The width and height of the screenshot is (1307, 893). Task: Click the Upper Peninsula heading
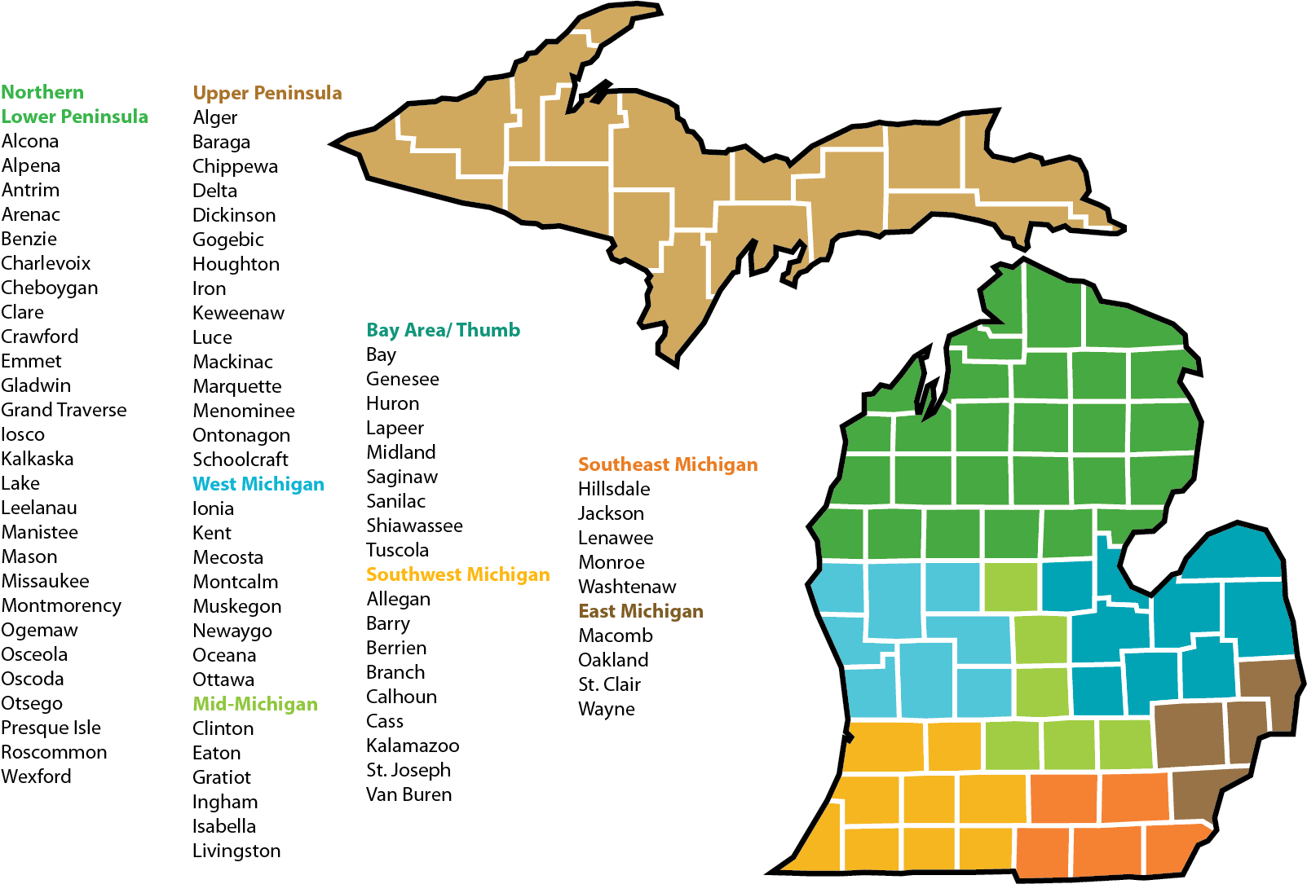pyautogui.click(x=267, y=93)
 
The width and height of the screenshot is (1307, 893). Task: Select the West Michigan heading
pyautogui.click(x=258, y=484)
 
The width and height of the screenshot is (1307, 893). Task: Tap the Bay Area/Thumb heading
pyautogui.click(x=443, y=330)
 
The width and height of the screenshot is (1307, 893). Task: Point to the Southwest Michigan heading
pyautogui.click(x=457, y=574)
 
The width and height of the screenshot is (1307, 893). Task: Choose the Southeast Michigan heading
pyautogui.click(x=668, y=464)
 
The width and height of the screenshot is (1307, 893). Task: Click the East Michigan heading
pyautogui.click(x=640, y=611)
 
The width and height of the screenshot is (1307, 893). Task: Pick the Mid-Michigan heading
pyautogui.click(x=254, y=704)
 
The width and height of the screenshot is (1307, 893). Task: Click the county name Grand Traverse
pyautogui.click(x=64, y=410)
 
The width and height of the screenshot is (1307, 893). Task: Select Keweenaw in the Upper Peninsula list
pyautogui.click(x=238, y=313)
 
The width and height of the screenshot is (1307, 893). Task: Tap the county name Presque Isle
pyautogui.click(x=51, y=728)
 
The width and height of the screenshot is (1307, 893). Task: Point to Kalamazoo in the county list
pyautogui.click(x=412, y=746)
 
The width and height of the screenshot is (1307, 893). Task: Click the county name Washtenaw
pyautogui.click(x=627, y=587)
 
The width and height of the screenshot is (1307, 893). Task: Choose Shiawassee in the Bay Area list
pyautogui.click(x=414, y=526)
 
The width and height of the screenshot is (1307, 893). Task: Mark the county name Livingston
pyautogui.click(x=236, y=851)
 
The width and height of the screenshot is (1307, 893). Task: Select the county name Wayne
pyautogui.click(x=606, y=709)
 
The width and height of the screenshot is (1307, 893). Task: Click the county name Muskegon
pyautogui.click(x=236, y=606)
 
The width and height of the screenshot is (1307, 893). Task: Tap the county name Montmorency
pyautogui.click(x=61, y=605)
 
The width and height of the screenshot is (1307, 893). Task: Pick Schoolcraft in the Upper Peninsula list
pyautogui.click(x=240, y=460)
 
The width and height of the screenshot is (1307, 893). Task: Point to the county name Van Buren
pyautogui.click(x=408, y=794)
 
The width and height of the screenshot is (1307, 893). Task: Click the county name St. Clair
pyautogui.click(x=609, y=684)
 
